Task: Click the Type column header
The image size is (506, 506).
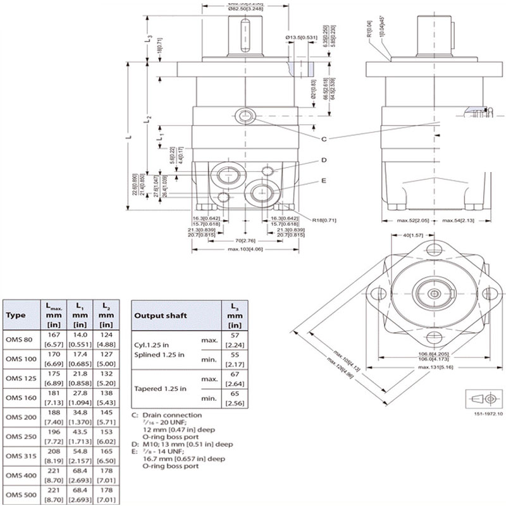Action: pyautogui.click(x=15, y=315)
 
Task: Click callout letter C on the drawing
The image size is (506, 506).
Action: pyautogui.click(x=323, y=139)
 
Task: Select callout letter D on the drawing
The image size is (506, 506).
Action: pyautogui.click(x=323, y=161)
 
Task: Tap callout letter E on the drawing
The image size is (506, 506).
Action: pyautogui.click(x=323, y=180)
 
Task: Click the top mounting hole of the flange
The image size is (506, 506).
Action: pyautogui.click(x=433, y=249)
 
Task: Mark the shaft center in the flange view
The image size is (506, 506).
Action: pyautogui.click(x=433, y=293)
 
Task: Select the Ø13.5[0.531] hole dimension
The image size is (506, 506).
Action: pyautogui.click(x=302, y=38)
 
